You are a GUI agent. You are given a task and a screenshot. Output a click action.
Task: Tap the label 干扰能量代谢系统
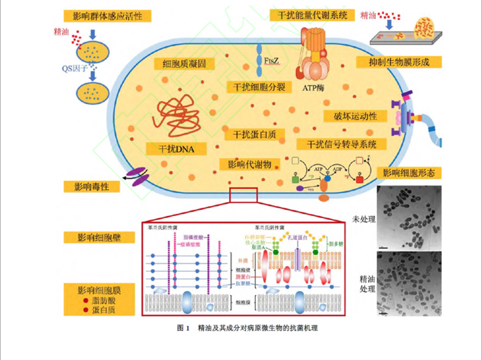point(312,15)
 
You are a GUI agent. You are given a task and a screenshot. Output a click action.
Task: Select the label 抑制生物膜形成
point(399,62)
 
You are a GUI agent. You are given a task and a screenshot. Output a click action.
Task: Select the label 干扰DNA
point(176,149)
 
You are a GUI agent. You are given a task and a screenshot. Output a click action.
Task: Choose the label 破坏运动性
point(355,116)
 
